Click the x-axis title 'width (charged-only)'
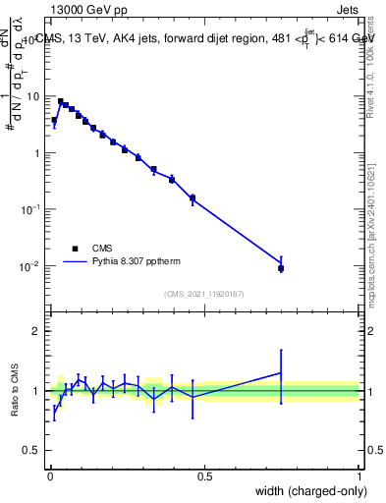[x=306, y=489]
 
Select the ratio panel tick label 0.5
[x=33, y=450]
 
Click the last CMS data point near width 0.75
[x=281, y=268]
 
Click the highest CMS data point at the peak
[x=60, y=101]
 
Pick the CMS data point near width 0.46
[x=193, y=197]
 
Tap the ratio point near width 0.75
[x=281, y=372]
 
